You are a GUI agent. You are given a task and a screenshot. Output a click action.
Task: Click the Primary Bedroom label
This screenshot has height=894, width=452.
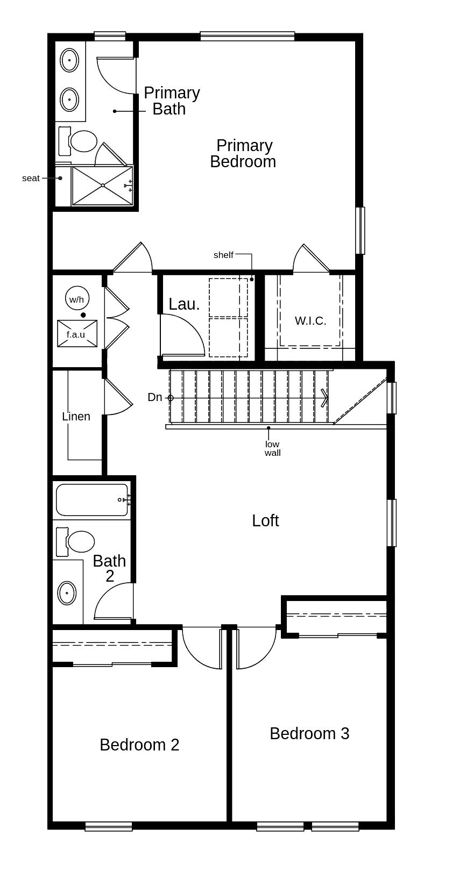pos(243,154)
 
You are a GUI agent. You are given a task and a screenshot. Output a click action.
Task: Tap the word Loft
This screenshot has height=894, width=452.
pos(265,520)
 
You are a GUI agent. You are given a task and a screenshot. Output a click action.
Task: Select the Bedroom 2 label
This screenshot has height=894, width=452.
pos(139,745)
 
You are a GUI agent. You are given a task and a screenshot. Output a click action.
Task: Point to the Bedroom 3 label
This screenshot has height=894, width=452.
pos(309,733)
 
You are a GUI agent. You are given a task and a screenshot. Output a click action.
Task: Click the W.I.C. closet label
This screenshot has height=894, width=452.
pos(310,321)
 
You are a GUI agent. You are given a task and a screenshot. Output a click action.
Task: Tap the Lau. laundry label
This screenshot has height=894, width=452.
pos(184,304)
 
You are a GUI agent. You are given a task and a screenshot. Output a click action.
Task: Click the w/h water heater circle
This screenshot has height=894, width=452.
pos(77,298)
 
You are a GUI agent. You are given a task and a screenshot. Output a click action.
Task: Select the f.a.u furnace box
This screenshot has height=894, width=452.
pos(77,334)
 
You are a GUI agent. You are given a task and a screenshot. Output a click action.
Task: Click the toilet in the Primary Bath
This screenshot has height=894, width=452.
pos(81,141)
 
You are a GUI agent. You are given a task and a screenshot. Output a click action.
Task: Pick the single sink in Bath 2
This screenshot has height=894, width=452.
pos(67,593)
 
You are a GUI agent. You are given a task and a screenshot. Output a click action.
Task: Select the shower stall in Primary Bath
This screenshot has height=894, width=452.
pos(102,185)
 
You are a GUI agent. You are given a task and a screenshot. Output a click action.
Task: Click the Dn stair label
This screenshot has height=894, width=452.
pos(155,397)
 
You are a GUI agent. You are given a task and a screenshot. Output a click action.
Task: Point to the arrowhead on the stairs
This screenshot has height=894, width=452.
pos(324,398)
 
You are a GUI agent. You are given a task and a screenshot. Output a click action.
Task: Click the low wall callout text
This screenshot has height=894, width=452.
pos(272,448)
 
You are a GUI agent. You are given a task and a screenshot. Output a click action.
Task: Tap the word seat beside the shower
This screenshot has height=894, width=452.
pos(31,178)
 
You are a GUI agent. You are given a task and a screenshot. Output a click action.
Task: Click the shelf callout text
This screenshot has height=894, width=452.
pos(223,255)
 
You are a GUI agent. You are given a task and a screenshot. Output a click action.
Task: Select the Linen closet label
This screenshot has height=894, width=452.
pos(76,416)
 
